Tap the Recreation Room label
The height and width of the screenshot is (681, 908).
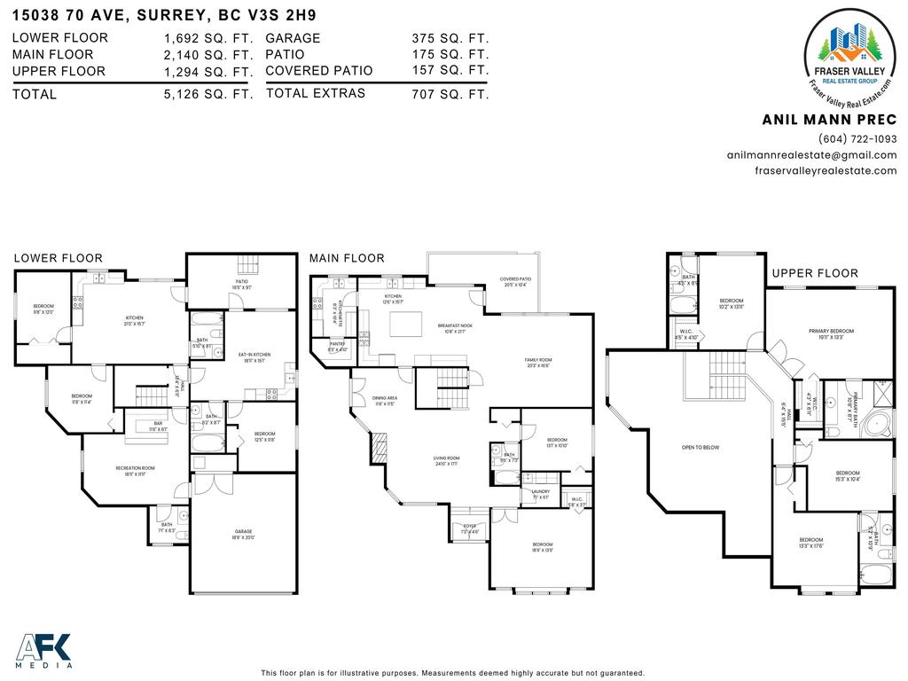tap(135, 471)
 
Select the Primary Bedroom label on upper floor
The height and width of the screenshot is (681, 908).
tap(831, 334)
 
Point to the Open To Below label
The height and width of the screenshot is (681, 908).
tap(700, 448)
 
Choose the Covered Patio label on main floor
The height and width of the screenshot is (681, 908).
tap(514, 282)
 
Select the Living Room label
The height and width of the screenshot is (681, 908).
tap(446, 461)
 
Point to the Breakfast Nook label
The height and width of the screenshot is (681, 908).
tap(453, 329)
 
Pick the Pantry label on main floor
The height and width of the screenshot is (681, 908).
tap(337, 346)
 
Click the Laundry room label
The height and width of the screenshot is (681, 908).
tap(540, 494)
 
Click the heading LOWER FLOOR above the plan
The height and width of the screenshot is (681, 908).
tap(58, 258)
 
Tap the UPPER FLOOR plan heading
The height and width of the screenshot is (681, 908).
tap(814, 273)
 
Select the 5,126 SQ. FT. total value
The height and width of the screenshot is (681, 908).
tap(208, 94)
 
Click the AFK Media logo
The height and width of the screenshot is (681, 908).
tap(44, 651)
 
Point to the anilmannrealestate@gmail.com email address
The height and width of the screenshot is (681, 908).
tap(811, 155)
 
